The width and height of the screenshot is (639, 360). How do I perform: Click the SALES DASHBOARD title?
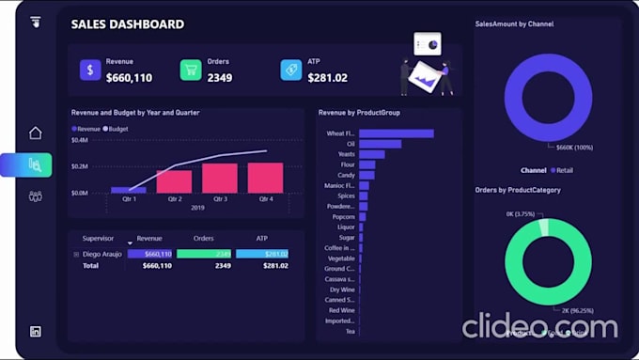click(x=127, y=24)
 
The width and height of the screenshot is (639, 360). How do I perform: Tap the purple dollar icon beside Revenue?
click(x=90, y=70)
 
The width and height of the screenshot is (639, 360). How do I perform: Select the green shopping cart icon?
click(x=191, y=70)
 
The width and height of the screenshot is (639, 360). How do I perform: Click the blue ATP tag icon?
click(x=291, y=70)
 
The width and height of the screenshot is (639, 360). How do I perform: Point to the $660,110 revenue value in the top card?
click(x=129, y=78)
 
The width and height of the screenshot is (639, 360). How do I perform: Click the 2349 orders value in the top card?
click(x=220, y=78)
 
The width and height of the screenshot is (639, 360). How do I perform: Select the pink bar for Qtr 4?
click(x=265, y=178)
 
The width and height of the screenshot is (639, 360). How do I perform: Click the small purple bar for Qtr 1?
click(x=129, y=190)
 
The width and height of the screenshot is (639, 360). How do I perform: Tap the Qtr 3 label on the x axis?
click(x=220, y=199)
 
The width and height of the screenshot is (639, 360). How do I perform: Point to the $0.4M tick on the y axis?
click(x=79, y=140)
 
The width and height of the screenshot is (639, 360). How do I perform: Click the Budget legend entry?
click(x=117, y=129)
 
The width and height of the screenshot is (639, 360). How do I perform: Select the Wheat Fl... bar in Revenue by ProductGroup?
click(x=396, y=133)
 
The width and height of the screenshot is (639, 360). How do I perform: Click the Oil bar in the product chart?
click(x=380, y=144)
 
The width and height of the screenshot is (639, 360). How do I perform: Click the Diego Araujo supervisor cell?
click(x=101, y=254)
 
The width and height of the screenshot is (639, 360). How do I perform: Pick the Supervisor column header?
click(x=98, y=239)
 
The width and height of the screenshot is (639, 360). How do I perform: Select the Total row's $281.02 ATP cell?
click(x=275, y=266)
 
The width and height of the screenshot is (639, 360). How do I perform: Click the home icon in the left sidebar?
click(x=36, y=133)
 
